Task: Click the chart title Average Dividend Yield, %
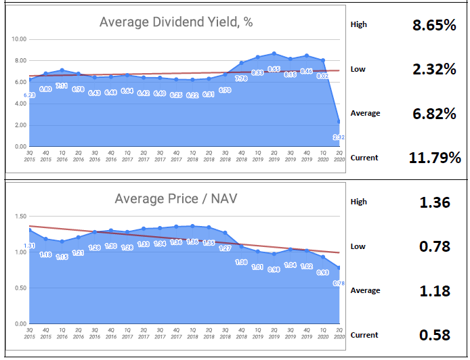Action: pyautogui.click(x=176, y=22)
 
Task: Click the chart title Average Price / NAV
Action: pyautogui.click(x=176, y=199)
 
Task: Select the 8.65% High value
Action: pyautogui.click(x=433, y=26)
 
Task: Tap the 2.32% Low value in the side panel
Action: pyautogui.click(x=433, y=69)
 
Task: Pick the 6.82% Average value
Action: pyautogui.click(x=433, y=114)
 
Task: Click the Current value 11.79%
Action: pyautogui.click(x=435, y=158)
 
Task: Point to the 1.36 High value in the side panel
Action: pyautogui.click(x=435, y=202)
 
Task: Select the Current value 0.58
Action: pyautogui.click(x=435, y=335)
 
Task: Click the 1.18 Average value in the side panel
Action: pyautogui.click(x=435, y=291)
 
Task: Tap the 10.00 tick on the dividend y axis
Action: pyautogui.click(x=19, y=39)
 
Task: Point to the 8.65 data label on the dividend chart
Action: pyautogui.click(x=274, y=69)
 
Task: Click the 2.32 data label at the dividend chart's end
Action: pyautogui.click(x=339, y=137)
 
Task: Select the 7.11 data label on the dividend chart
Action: pyautogui.click(x=62, y=86)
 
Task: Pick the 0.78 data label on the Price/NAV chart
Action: pyautogui.click(x=339, y=284)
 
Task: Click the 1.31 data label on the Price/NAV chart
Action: pyautogui.click(x=30, y=246)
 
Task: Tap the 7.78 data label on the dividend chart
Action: pyautogui.click(x=241, y=78)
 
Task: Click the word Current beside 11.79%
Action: pyautogui.click(x=364, y=158)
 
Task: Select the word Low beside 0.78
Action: pyautogui.click(x=358, y=246)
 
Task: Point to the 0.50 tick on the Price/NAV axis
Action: pyautogui.click(x=20, y=288)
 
